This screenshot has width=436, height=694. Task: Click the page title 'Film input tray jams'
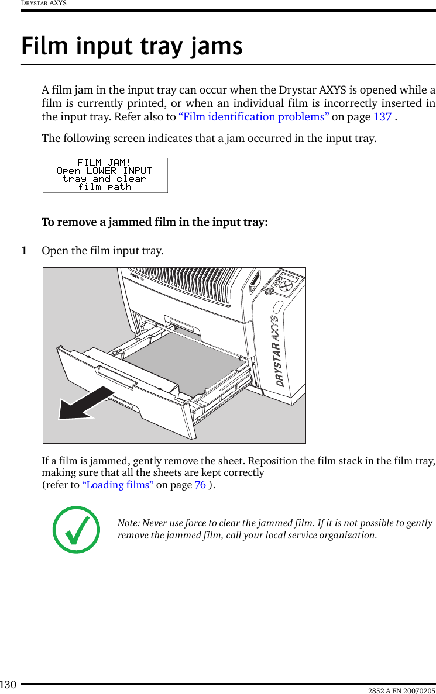point(132,46)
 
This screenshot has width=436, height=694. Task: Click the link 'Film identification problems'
point(253,116)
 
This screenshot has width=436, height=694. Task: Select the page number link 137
point(382,116)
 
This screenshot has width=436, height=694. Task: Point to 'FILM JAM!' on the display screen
point(104,163)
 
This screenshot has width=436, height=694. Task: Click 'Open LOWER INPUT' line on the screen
point(104,171)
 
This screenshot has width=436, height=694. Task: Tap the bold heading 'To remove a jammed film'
point(155,222)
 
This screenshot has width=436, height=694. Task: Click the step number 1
point(24,251)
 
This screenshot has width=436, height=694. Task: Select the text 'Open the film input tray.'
point(102,251)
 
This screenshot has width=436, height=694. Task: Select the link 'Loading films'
point(118,484)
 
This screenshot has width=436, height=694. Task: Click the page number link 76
point(200,484)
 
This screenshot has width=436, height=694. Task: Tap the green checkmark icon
point(76,530)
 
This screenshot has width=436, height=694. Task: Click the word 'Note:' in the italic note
point(129,523)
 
